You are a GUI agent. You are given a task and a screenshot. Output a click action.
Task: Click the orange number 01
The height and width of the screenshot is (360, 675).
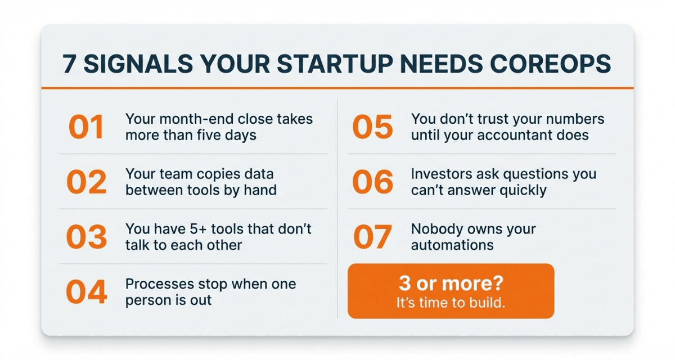[86, 127]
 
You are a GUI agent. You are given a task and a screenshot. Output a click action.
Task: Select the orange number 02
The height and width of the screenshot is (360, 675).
[86, 182]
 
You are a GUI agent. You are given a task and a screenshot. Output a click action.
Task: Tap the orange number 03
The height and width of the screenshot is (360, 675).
[86, 237]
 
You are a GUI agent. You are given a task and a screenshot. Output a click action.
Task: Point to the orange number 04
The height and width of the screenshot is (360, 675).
[86, 292]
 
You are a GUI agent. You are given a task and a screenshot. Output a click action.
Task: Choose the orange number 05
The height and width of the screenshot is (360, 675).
[372, 127]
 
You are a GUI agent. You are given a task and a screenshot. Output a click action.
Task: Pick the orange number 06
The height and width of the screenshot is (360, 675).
[372, 182]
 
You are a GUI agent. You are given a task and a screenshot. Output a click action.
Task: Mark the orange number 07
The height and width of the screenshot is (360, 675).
[372, 237]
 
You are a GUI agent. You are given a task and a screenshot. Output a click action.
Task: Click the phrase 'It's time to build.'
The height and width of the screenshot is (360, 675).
[451, 303]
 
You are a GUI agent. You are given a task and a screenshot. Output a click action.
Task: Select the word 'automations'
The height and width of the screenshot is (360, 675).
[452, 245]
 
